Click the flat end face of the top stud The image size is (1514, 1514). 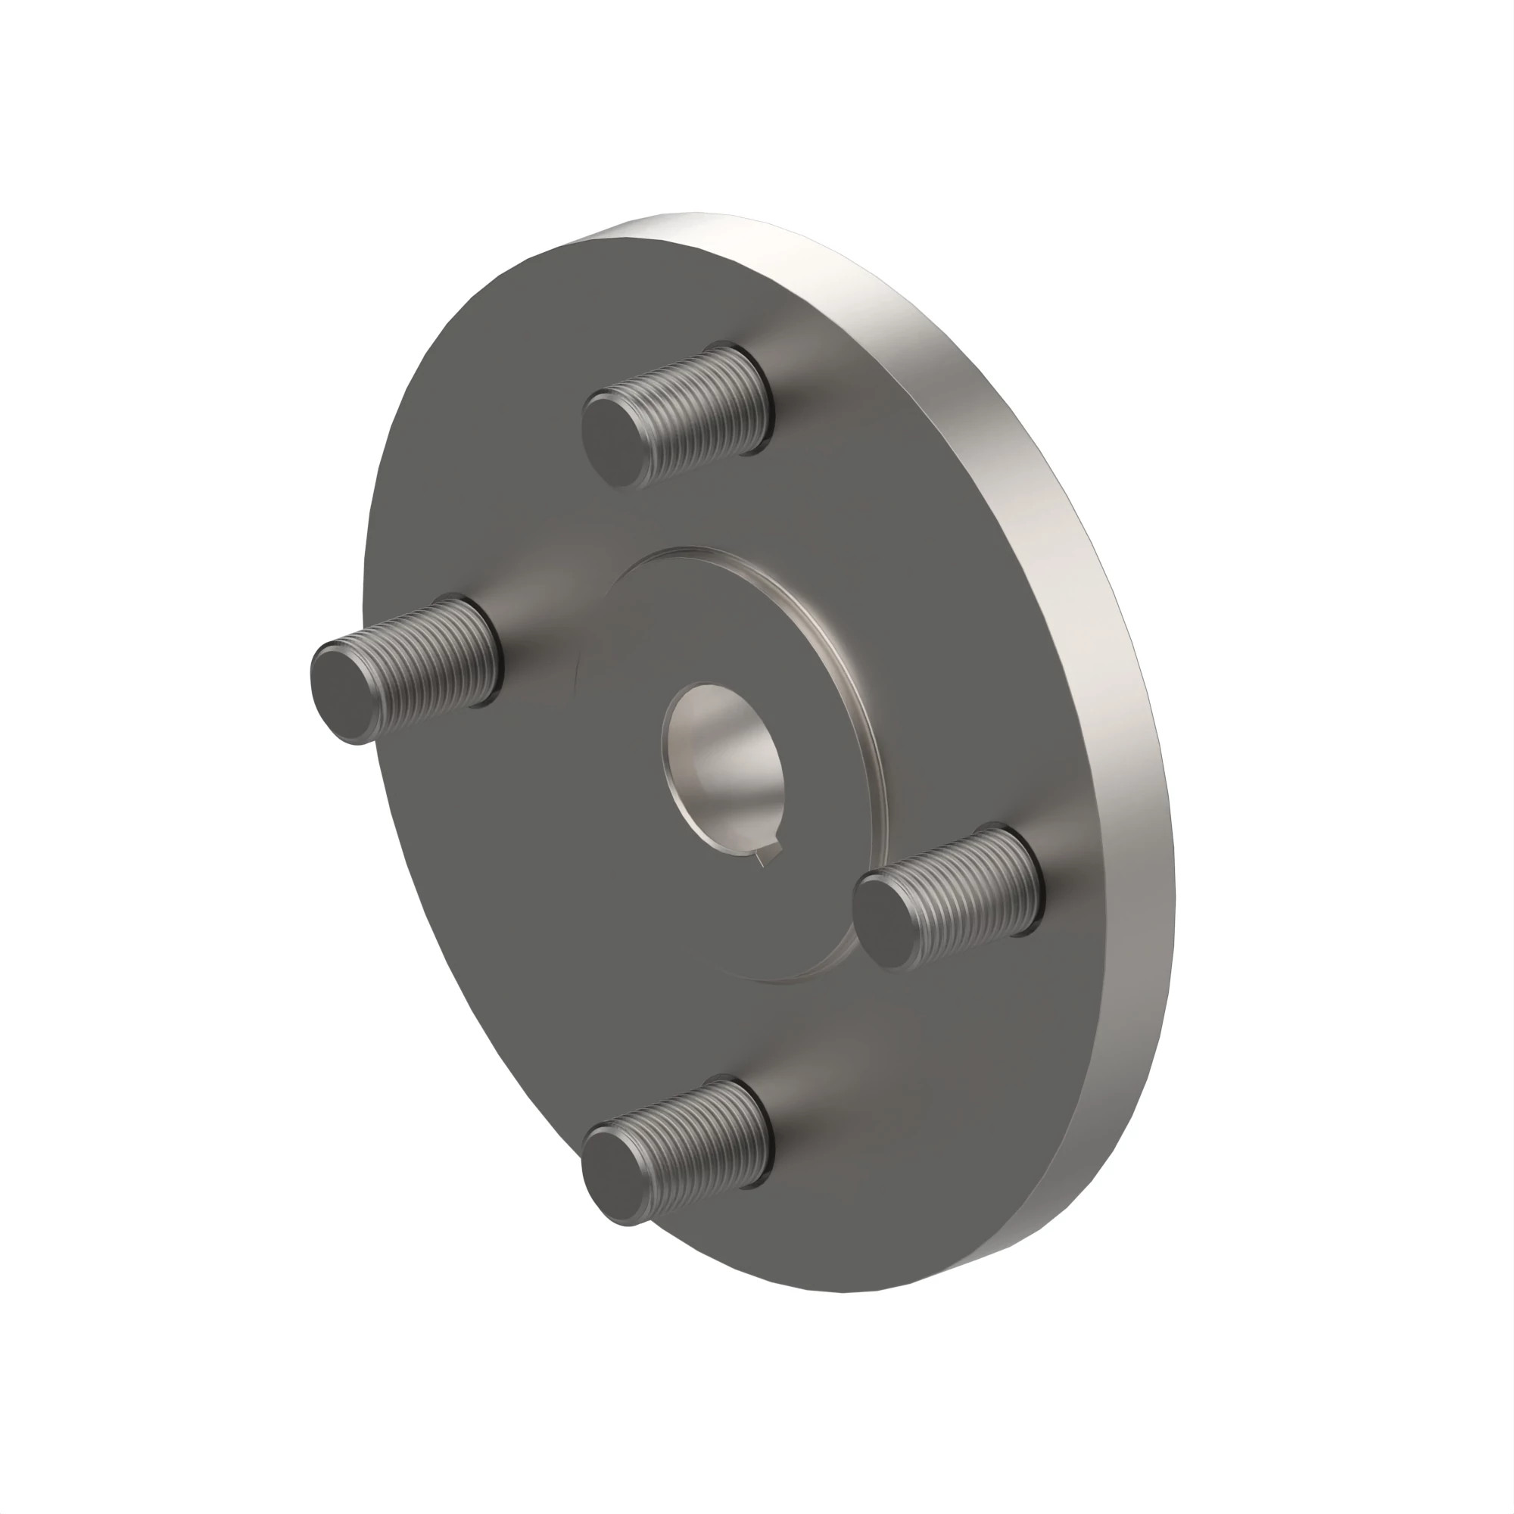click(616, 441)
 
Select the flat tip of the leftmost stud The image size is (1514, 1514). click(344, 691)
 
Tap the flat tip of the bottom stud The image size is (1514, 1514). click(616, 1178)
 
